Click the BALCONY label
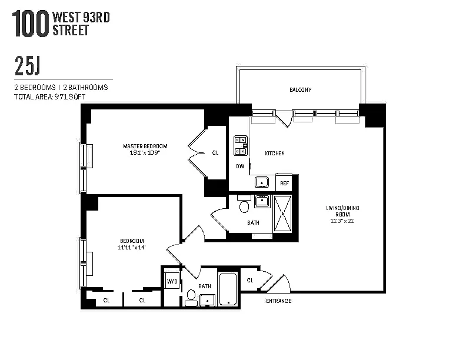tap(301, 89)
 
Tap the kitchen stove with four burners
tap(241, 145)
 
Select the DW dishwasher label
tap(240, 166)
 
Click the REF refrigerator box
tap(284, 183)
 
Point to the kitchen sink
tap(262, 182)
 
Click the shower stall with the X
tap(282, 214)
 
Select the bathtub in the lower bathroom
tap(228, 289)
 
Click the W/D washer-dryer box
tap(172, 281)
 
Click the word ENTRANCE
tap(279, 301)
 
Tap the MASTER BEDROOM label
tap(145, 146)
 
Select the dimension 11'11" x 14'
tap(132, 248)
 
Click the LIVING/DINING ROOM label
tap(342, 211)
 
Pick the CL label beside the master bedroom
tap(215, 153)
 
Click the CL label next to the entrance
tap(250, 281)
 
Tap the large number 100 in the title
tap(31, 24)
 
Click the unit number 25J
tap(27, 66)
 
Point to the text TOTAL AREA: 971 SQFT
tap(49, 97)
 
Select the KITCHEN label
tap(275, 154)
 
